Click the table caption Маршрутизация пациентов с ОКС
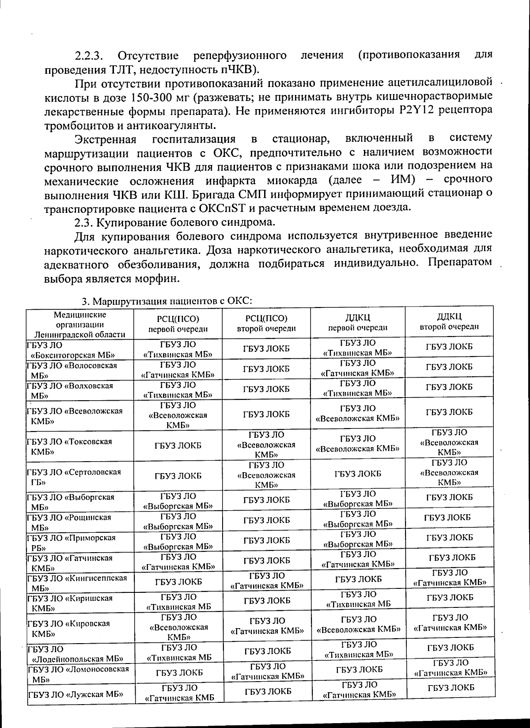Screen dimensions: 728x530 pyautogui.click(x=167, y=301)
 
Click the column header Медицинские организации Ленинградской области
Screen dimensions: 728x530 pyautogui.click(x=79, y=324)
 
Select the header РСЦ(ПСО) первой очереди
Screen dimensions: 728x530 pyautogui.click(x=178, y=324)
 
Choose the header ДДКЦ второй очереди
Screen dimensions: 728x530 pyautogui.click(x=449, y=322)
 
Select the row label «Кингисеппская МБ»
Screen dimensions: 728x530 pyautogui.click(x=77, y=583)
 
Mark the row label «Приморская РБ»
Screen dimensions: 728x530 pyautogui.click(x=71, y=542)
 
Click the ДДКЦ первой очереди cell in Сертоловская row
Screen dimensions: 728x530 pyautogui.click(x=358, y=474)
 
